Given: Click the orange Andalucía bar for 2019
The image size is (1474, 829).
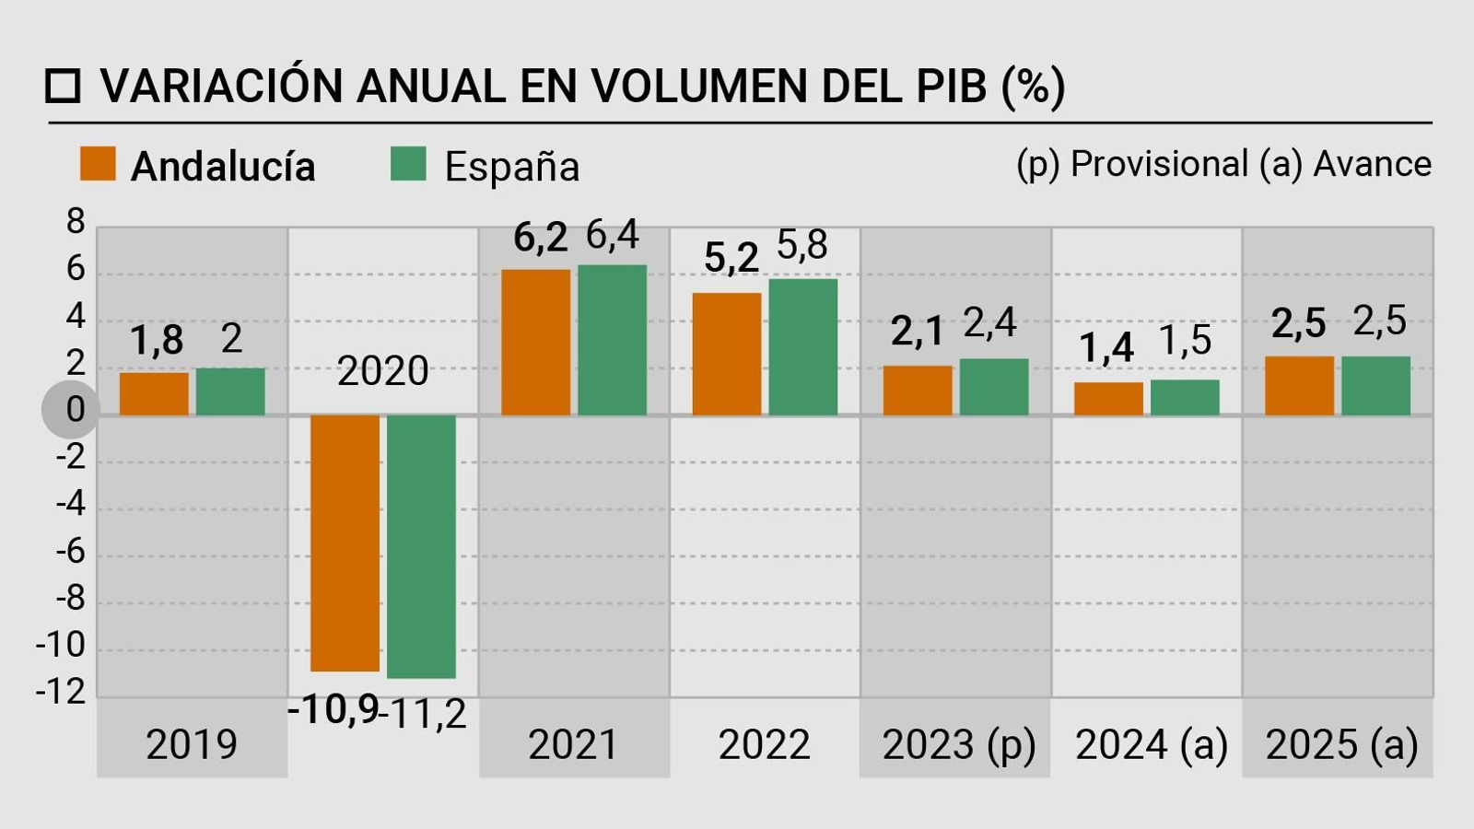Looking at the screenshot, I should click(154, 393).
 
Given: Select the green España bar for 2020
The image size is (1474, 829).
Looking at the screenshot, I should click(421, 545).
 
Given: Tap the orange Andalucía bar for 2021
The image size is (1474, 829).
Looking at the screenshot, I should click(536, 342).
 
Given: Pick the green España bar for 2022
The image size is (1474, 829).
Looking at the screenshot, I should click(803, 347).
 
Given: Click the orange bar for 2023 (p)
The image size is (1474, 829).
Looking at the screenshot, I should click(918, 391).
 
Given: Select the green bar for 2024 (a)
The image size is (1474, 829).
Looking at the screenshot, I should click(1185, 398).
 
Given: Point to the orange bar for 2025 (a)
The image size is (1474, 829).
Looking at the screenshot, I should click(1299, 386).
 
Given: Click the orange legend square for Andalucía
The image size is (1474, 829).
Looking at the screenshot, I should click(98, 164).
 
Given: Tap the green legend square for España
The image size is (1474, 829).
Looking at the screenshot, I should click(408, 164).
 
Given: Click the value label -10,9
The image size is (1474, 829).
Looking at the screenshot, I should click(333, 709).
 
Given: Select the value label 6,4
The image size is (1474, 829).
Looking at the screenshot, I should click(612, 236).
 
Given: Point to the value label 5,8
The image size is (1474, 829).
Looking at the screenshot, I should click(802, 245).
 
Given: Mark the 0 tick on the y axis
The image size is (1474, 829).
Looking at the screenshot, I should click(74, 409).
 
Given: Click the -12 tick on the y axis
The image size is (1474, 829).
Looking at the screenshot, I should click(61, 691).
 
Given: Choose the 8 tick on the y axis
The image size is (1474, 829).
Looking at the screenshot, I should click(75, 221).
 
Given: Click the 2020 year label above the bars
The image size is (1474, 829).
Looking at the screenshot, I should click(382, 371).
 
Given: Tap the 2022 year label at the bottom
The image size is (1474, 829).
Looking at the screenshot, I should click(764, 744).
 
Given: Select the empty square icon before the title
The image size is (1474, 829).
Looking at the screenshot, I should click(64, 86).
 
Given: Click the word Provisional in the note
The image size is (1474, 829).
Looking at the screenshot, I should click(1159, 164).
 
